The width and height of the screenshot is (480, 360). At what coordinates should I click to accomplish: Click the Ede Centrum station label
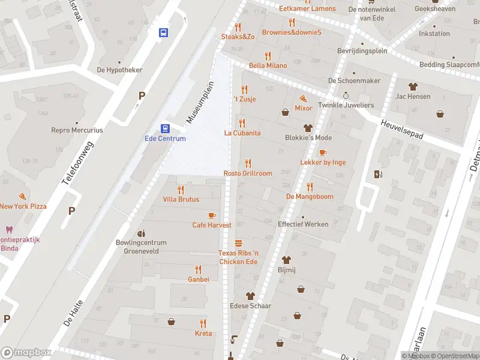click(165, 139)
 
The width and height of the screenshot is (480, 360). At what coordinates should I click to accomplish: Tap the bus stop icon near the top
click(163, 33)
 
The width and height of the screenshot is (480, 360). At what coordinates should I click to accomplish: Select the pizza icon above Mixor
click(304, 98)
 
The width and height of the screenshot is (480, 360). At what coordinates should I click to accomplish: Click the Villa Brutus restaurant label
click(181, 199)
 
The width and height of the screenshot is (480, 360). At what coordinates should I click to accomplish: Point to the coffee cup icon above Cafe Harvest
click(211, 215)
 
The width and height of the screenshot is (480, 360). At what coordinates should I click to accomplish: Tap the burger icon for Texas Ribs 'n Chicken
click(238, 243)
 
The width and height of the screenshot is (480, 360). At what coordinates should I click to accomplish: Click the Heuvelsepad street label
click(403, 128)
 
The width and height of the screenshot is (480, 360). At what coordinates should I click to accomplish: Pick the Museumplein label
click(199, 102)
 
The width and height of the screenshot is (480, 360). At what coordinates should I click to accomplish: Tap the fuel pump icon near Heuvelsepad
click(377, 175)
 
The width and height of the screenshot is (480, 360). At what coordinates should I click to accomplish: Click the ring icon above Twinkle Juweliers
click(346, 95)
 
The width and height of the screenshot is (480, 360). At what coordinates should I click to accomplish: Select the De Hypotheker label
click(119, 70)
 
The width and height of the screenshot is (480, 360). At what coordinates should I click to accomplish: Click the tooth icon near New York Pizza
click(8, 229)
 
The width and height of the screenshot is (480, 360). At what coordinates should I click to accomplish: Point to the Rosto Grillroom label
click(248, 173)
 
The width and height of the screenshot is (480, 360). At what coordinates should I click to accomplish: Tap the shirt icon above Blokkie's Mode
click(308, 127)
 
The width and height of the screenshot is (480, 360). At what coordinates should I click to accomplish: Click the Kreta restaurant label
click(203, 333)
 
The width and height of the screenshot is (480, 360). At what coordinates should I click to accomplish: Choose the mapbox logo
click(26, 352)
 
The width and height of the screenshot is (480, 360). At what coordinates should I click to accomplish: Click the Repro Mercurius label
click(77, 130)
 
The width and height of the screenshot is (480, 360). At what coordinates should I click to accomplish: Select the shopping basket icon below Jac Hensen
click(440, 113)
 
